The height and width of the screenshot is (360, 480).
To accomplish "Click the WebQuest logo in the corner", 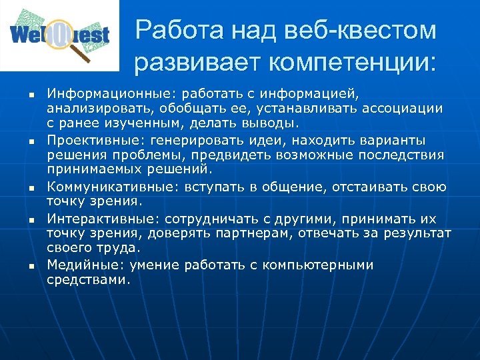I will pos(59,35).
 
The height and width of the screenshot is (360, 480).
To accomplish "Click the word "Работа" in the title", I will pos(175,30).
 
